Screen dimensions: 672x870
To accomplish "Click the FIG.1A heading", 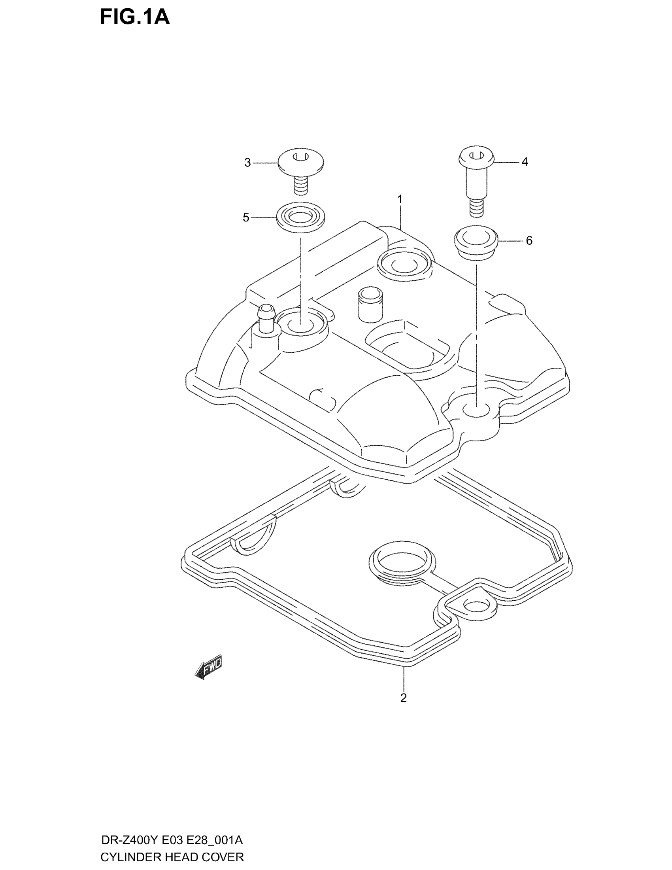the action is pyautogui.click(x=134, y=18).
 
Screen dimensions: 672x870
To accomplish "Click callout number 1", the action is pyautogui.click(x=400, y=199).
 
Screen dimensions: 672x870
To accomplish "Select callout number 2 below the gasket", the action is pyautogui.click(x=403, y=698).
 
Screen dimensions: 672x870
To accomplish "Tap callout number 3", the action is pyautogui.click(x=247, y=163).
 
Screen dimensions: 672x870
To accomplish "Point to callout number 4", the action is pyautogui.click(x=525, y=162).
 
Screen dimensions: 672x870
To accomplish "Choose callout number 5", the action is pyautogui.click(x=246, y=217).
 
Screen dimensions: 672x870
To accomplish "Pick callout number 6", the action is pyautogui.click(x=529, y=240).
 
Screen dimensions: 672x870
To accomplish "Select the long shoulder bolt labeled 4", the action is pyautogui.click(x=477, y=179).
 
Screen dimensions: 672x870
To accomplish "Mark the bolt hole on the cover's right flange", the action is pyautogui.click(x=476, y=410).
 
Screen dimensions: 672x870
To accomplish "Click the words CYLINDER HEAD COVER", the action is pyautogui.click(x=172, y=856).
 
